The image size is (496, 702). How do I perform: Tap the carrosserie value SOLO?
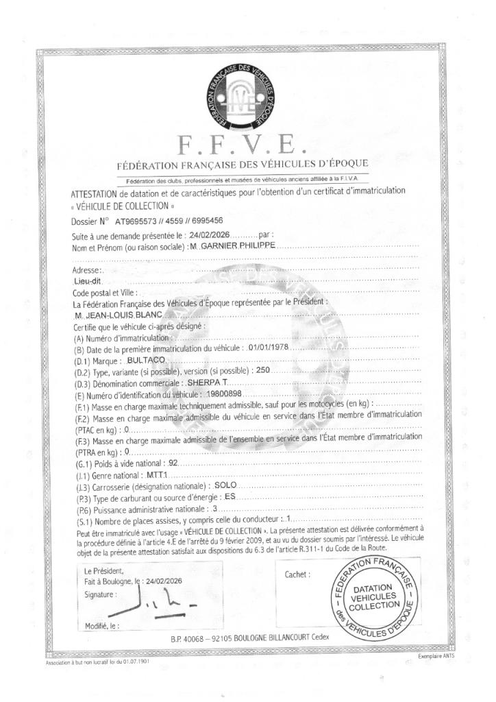coord(226,487)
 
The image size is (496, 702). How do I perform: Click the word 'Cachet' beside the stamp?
coord(297,574)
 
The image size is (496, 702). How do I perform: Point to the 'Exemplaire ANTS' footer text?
coord(436,656)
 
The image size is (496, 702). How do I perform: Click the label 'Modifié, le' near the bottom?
coord(100,625)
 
